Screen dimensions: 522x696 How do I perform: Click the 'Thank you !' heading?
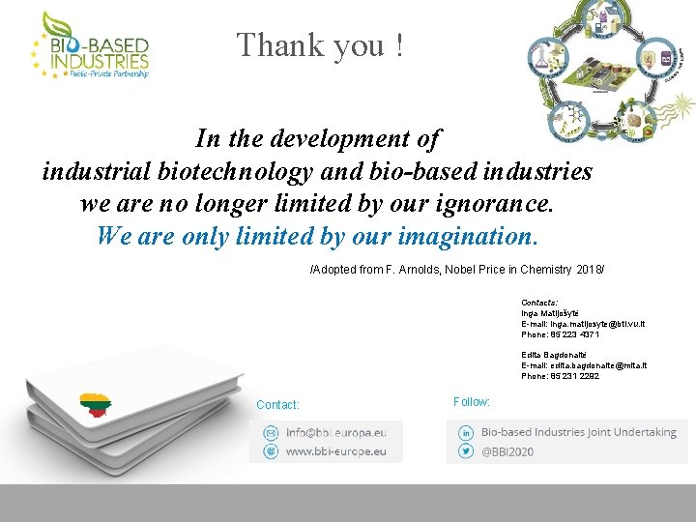click(320, 45)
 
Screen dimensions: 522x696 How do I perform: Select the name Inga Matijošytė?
click(550, 314)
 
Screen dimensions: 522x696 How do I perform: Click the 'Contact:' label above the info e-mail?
click(277, 405)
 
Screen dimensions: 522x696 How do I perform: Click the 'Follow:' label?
click(471, 402)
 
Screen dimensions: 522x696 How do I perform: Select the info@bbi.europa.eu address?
click(335, 432)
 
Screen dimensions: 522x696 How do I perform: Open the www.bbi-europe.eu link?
click(335, 450)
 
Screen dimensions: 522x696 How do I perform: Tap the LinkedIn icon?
click(466, 433)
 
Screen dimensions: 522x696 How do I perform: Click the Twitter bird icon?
click(466, 451)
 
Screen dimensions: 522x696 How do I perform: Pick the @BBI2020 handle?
click(509, 451)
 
